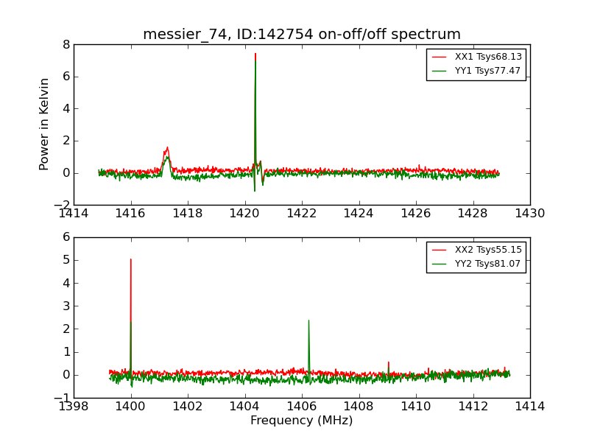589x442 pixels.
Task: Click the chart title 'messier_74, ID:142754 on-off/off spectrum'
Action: tap(302, 35)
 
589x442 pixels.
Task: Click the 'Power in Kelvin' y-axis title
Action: tap(45, 124)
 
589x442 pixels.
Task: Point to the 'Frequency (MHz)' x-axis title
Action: tap(302, 421)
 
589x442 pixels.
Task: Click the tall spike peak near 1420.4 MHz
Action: tap(255, 53)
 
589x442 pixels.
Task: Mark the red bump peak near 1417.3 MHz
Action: tap(167, 147)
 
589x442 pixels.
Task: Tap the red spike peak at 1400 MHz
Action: tap(131, 259)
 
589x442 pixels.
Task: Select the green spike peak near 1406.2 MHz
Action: tap(308, 320)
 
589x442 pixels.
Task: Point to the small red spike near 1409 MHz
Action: tap(389, 362)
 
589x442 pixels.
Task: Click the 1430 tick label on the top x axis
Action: tap(529, 214)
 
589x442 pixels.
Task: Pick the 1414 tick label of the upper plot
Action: tap(74, 214)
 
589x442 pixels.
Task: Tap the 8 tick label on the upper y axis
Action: tap(66, 44)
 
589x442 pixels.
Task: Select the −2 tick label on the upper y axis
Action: tap(63, 205)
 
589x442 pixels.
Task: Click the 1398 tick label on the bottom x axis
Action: tap(74, 407)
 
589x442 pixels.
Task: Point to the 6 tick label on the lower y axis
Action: tap(66, 237)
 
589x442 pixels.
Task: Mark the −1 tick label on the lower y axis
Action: tap(63, 398)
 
